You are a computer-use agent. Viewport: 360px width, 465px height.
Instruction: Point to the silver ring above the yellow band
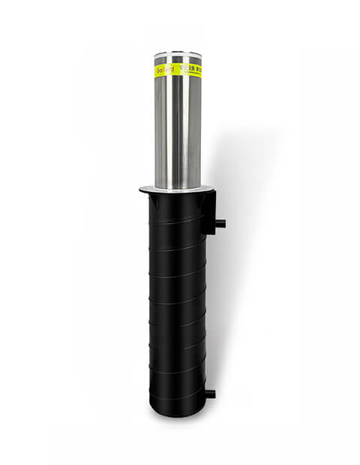[178, 61]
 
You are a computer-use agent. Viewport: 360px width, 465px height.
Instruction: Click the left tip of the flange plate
[142, 190]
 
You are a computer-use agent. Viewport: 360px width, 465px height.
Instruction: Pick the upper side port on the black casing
[221, 223]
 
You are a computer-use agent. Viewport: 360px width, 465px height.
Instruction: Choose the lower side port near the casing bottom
[211, 394]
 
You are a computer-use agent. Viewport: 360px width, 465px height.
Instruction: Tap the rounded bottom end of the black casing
[177, 409]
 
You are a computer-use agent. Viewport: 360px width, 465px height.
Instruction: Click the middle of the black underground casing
[177, 300]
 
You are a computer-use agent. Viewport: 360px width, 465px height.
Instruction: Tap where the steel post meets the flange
[178, 186]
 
